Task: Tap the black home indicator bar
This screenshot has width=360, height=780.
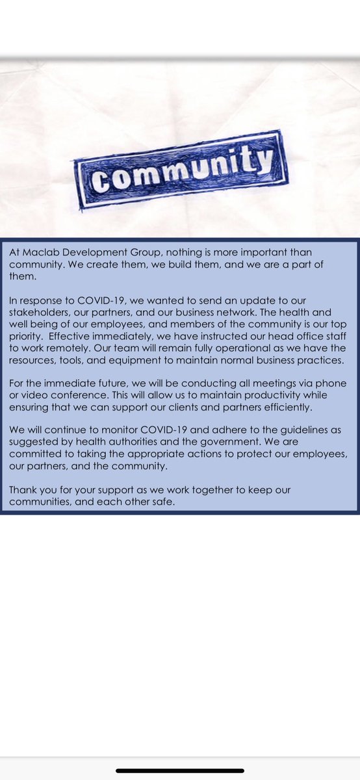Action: coord(180,771)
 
